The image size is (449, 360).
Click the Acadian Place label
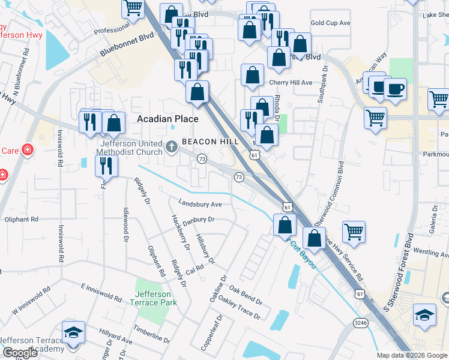tap(167, 119)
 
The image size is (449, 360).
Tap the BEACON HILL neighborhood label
tap(210, 142)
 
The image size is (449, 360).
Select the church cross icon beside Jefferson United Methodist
tap(172, 146)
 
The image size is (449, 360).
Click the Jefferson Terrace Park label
tap(153, 298)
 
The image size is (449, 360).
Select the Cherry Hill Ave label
tap(291, 83)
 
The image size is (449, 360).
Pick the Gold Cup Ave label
tap(330, 23)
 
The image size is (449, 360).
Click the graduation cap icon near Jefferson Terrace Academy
tap(73, 332)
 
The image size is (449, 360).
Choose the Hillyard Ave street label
tap(116, 340)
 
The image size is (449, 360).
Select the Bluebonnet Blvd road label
tap(127, 45)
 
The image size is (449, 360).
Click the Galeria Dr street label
tap(434, 217)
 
